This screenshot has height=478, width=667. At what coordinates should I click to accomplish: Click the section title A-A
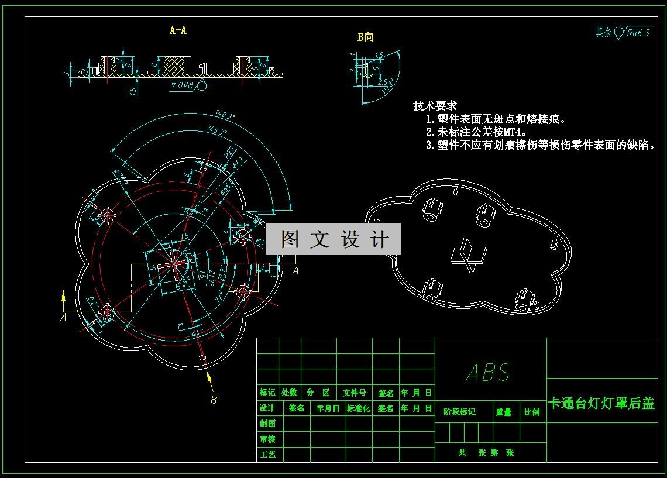(x=178, y=30)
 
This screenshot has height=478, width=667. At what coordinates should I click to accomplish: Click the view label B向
(x=366, y=37)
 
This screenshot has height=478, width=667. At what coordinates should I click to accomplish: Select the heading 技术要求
(x=435, y=106)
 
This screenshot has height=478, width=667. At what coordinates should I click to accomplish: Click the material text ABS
(x=489, y=372)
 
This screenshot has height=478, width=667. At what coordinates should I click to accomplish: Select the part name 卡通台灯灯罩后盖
(x=601, y=403)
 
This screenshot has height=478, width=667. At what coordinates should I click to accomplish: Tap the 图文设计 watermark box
(x=333, y=239)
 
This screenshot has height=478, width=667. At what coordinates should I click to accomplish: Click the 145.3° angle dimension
(x=216, y=132)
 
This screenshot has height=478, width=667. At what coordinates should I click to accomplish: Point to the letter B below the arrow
(x=214, y=400)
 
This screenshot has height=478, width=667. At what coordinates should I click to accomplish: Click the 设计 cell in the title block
(x=267, y=408)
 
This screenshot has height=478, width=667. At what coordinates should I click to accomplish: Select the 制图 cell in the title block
(x=267, y=424)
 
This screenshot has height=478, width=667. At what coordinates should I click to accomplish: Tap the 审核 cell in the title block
(x=267, y=439)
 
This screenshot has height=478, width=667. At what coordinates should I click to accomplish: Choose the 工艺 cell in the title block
(x=267, y=454)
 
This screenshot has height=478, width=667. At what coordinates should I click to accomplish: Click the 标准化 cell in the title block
(x=359, y=408)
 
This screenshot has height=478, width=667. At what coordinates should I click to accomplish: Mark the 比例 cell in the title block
(x=532, y=412)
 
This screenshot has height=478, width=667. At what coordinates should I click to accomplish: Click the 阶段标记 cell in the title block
(x=460, y=412)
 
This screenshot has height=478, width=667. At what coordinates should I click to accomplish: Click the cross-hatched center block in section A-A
(x=173, y=65)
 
